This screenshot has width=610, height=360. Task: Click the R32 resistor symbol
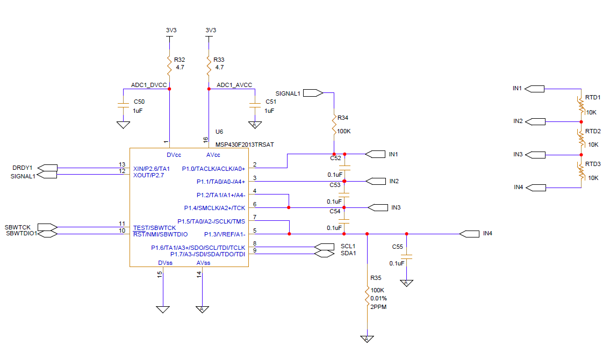tap(169, 66)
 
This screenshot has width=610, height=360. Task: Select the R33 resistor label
tap(219, 60)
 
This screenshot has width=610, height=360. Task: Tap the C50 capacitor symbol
tap(123, 105)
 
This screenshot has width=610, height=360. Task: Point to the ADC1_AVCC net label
tap(234, 85)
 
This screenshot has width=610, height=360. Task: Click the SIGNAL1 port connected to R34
tap(313, 93)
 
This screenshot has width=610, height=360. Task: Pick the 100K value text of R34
tap(344, 131)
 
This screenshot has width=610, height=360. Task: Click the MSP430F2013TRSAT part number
tap(245, 144)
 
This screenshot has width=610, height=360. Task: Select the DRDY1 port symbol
tap(47, 168)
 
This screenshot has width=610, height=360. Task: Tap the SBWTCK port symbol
tap(47, 227)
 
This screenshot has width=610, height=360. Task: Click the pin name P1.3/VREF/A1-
tap(225, 234)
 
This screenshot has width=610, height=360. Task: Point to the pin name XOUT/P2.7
tap(149, 175)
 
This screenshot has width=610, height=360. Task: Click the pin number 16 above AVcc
tap(205, 140)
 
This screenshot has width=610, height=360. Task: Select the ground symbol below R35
tap(367, 339)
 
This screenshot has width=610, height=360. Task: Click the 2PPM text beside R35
tap(378, 307)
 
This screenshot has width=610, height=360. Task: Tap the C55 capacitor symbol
tap(406, 257)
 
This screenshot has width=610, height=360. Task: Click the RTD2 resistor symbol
tap(581, 139)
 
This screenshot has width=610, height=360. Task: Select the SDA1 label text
tap(348, 253)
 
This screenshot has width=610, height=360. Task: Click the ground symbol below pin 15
tap(163, 309)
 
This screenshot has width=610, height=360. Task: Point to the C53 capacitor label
tap(335, 185)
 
